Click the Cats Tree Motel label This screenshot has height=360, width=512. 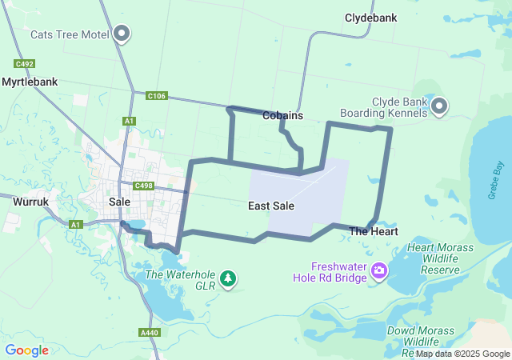(70, 34)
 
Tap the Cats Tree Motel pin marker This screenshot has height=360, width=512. (122, 34)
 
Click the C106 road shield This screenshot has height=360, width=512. (157, 96)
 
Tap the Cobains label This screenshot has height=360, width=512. (282, 116)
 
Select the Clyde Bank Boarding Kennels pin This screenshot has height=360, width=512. (440, 106)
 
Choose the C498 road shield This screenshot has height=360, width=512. (144, 186)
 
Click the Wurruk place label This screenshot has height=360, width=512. (32, 202)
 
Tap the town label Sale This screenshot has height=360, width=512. (119, 202)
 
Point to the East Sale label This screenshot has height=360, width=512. (271, 206)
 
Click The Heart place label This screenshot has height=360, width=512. (374, 231)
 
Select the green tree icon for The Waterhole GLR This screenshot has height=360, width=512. (230, 278)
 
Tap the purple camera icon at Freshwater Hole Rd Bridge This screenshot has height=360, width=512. (378, 272)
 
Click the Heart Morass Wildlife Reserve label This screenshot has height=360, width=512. (442, 259)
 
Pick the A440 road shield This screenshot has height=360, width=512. (149, 332)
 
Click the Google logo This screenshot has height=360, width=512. (26, 350)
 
